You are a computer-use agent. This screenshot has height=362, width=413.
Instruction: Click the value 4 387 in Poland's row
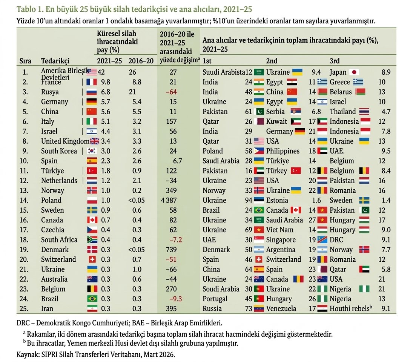coord(174,200)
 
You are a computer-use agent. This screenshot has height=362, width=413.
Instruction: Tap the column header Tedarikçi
coord(55,61)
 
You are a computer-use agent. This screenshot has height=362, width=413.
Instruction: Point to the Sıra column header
coord(25,61)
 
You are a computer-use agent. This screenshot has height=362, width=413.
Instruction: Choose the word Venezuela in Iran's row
coord(281,309)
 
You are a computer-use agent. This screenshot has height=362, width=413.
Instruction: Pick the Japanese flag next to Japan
coord(355,72)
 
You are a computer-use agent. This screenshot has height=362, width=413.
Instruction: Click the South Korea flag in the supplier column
coord(92,151)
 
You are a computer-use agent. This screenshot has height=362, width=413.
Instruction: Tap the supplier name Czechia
coord(53,230)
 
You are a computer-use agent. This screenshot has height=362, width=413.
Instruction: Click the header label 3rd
coord(335,61)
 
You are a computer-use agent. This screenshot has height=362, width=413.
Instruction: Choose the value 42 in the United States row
coord(101,72)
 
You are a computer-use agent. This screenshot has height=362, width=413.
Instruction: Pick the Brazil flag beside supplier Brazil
coord(92,299)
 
